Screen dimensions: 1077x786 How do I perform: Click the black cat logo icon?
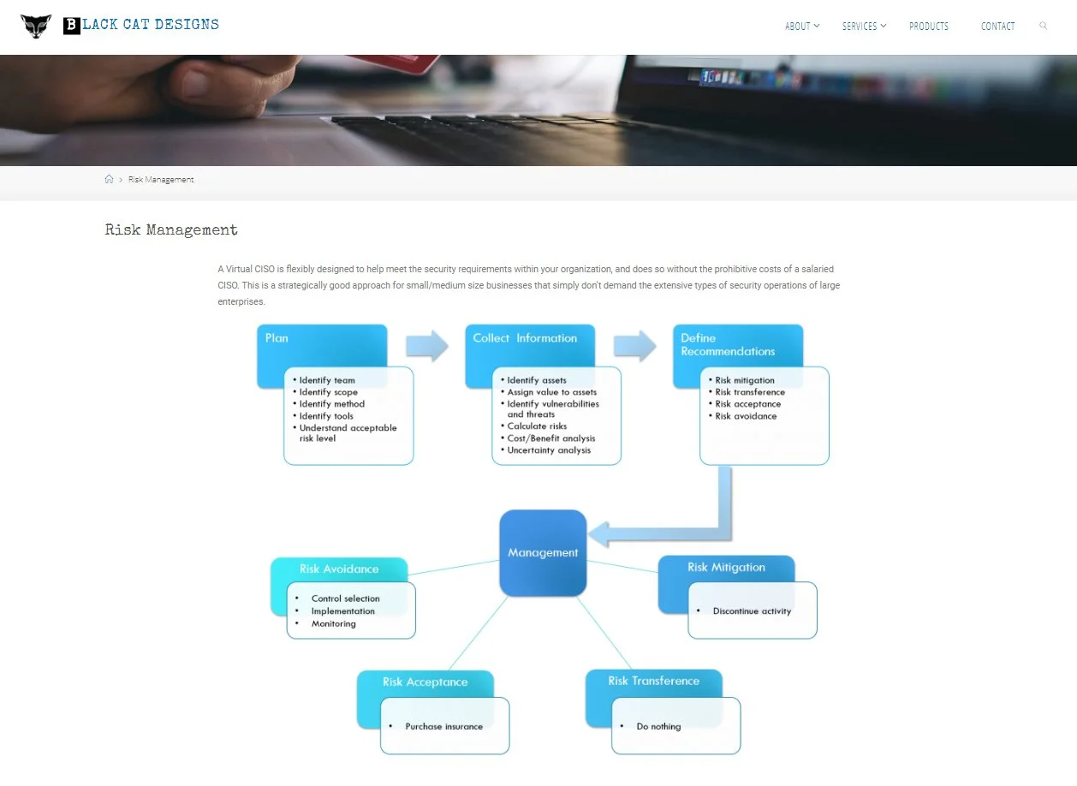(36, 26)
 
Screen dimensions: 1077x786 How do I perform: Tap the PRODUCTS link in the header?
(929, 27)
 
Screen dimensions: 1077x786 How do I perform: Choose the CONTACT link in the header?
(997, 27)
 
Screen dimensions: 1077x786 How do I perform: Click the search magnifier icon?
(1043, 26)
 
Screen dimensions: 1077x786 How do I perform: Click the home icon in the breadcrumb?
(109, 180)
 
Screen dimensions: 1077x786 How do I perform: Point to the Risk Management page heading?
(171, 230)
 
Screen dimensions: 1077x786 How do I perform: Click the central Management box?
(543, 553)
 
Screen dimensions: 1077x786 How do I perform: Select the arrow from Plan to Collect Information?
(426, 345)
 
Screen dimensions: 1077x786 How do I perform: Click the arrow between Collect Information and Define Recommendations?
(634, 345)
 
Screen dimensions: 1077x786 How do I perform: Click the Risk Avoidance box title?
(339, 569)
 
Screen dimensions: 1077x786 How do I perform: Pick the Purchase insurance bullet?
(443, 727)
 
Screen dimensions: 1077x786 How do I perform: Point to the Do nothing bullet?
(658, 727)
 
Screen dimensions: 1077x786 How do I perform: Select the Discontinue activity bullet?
(752, 611)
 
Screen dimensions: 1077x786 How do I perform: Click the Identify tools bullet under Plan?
(326, 416)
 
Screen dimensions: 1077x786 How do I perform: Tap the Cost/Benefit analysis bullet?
(550, 438)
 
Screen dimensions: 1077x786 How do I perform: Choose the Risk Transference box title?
(653, 682)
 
